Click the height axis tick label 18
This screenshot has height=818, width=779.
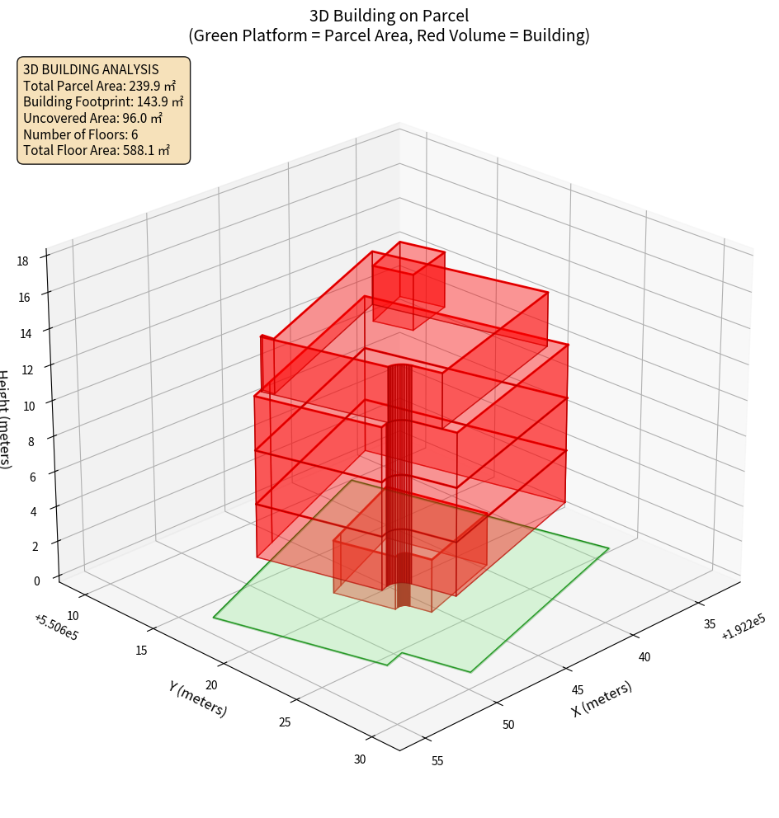pyautogui.click(x=22, y=261)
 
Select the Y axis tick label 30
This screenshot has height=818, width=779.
pyautogui.click(x=360, y=759)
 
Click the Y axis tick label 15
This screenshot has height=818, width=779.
pyautogui.click(x=140, y=651)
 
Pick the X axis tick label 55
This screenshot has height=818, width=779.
pyautogui.click(x=437, y=760)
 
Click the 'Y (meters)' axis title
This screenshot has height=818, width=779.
pyautogui.click(x=198, y=698)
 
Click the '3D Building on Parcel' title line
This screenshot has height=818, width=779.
pyautogui.click(x=389, y=15)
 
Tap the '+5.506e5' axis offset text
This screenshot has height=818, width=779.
pyautogui.click(x=56, y=627)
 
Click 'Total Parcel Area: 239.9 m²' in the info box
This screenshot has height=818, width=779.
pyautogui.click(x=100, y=86)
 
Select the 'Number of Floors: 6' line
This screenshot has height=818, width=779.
pyautogui.click(x=80, y=134)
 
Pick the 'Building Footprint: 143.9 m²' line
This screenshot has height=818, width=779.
pyautogui.click(x=103, y=102)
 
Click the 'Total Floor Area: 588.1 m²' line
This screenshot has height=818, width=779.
pyautogui.click(x=97, y=151)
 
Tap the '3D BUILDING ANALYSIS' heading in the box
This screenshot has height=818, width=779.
pyautogui.click(x=91, y=70)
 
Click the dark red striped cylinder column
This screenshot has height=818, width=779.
pyautogui.click(x=400, y=462)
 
